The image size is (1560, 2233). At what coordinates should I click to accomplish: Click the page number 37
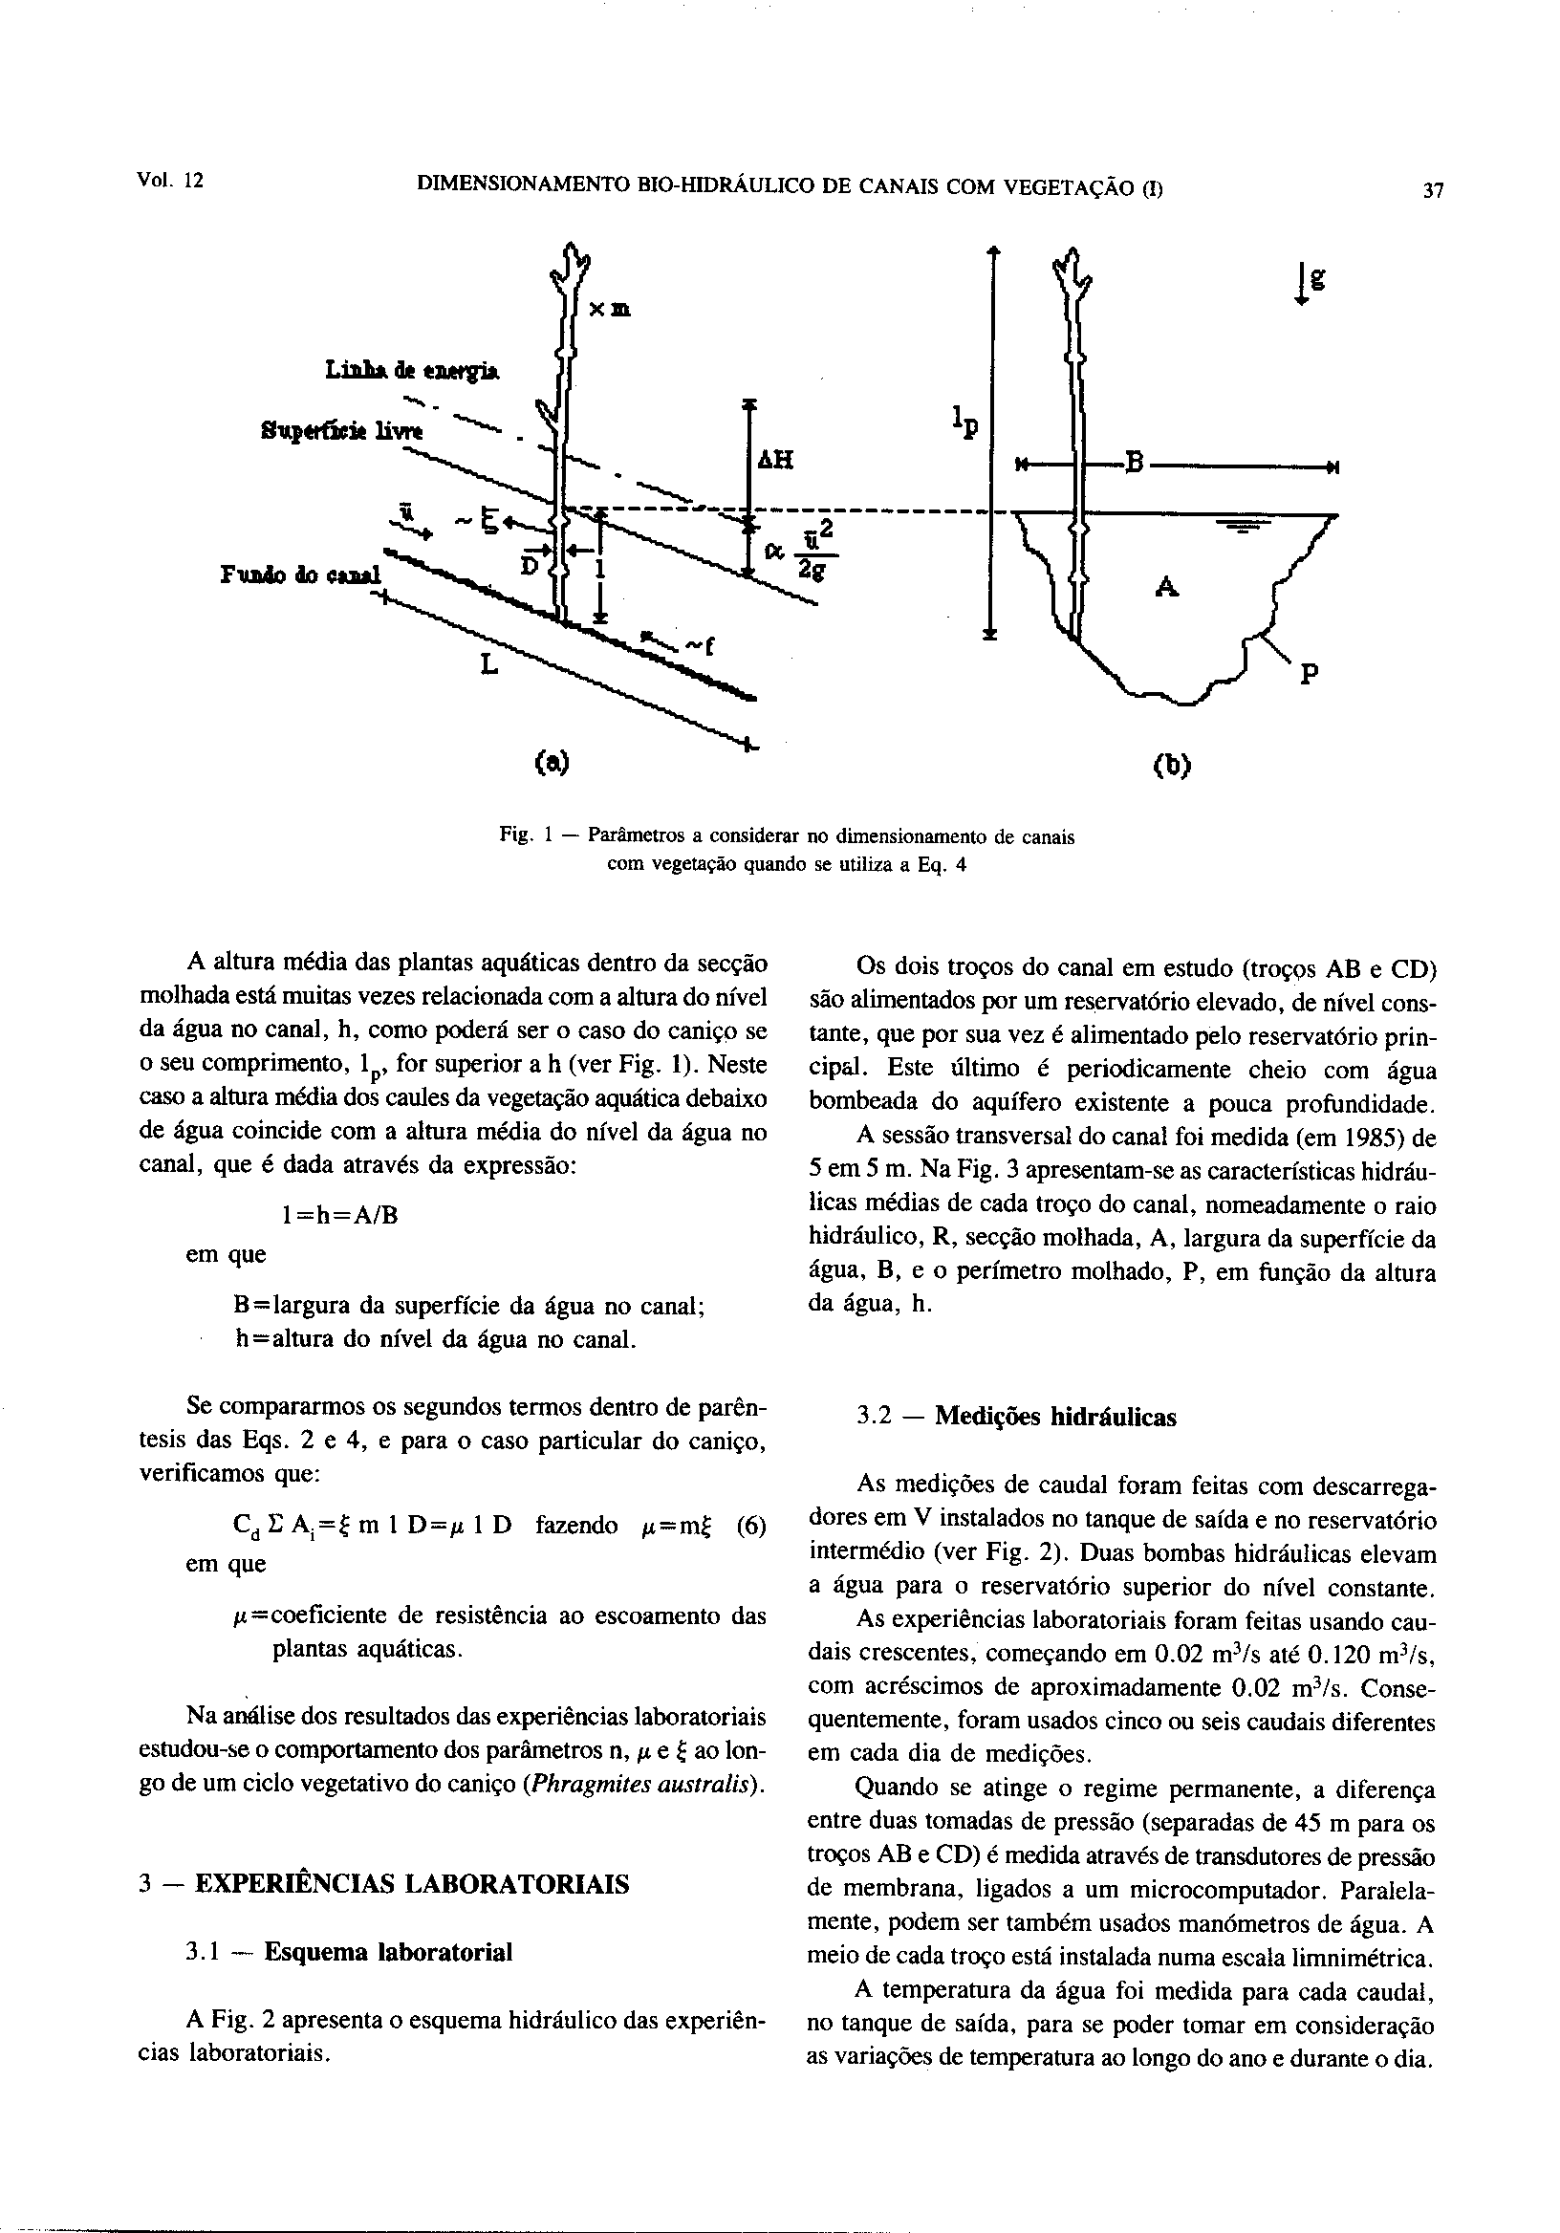click(1433, 190)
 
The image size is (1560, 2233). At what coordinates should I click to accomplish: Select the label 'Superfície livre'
click(341, 430)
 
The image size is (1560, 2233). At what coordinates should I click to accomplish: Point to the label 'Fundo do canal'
click(302, 573)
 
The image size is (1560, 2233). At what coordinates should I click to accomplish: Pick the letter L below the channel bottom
click(488, 665)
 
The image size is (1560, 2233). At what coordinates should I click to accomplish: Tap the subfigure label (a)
click(552, 762)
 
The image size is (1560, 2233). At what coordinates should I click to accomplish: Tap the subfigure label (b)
click(1171, 767)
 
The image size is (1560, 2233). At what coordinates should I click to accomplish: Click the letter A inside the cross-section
click(1167, 587)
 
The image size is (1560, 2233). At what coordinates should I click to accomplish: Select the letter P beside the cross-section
click(1309, 673)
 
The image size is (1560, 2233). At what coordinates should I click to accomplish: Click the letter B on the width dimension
click(1132, 461)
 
